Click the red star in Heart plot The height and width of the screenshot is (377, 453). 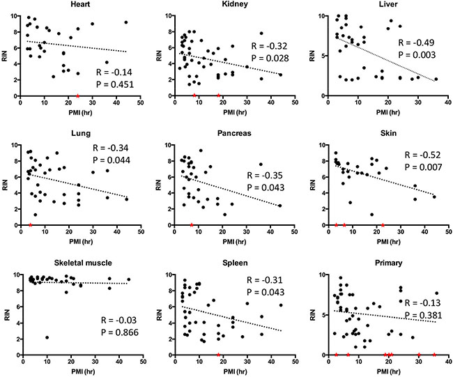click(x=77, y=95)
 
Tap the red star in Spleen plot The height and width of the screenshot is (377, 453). click(x=218, y=355)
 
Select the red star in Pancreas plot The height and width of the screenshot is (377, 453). click(x=192, y=225)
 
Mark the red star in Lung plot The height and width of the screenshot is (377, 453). click(x=30, y=225)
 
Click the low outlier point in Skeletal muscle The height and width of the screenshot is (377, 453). click(x=47, y=337)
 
